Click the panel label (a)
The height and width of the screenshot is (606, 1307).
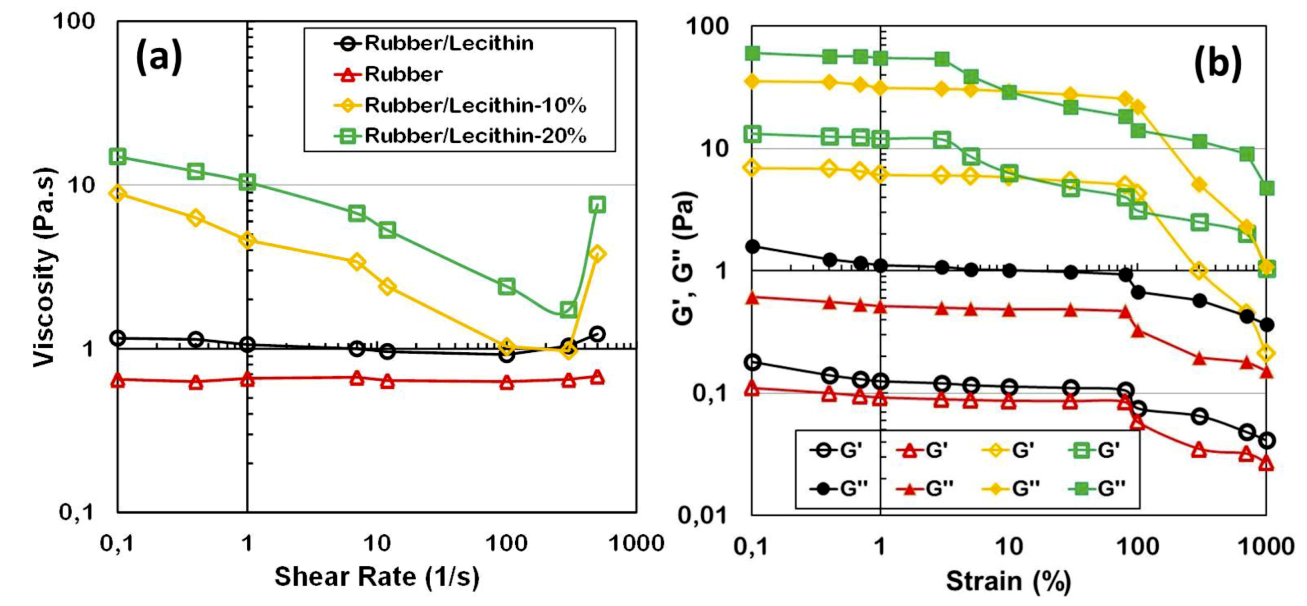(159, 57)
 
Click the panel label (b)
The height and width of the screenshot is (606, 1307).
(1217, 65)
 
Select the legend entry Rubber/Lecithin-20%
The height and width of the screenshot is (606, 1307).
(475, 136)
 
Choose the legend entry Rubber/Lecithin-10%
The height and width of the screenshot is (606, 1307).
(475, 105)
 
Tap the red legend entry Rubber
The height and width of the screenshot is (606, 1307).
(403, 75)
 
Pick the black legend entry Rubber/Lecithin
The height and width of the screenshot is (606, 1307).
(449, 44)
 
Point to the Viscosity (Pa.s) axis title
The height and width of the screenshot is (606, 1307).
(45, 267)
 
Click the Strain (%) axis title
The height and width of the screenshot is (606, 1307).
(1008, 581)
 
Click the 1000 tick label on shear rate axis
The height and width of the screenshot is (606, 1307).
(636, 544)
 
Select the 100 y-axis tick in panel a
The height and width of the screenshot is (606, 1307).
(74, 21)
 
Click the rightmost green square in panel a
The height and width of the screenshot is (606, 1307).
(597, 204)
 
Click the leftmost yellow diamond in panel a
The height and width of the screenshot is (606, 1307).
(118, 194)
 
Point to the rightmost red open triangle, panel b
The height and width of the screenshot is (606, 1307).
(1266, 463)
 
